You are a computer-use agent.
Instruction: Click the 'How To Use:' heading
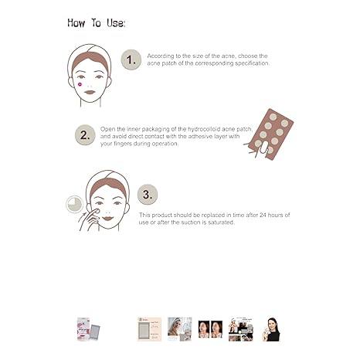coord(96,22)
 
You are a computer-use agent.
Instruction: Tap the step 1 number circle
coord(132,59)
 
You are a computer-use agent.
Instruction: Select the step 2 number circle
coord(85,134)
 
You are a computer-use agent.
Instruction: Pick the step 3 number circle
coord(147,194)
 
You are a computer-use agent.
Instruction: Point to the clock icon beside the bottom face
coord(75,203)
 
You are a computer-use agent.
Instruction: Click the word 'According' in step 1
coord(162,56)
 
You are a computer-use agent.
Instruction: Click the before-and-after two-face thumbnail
coord(209,328)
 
